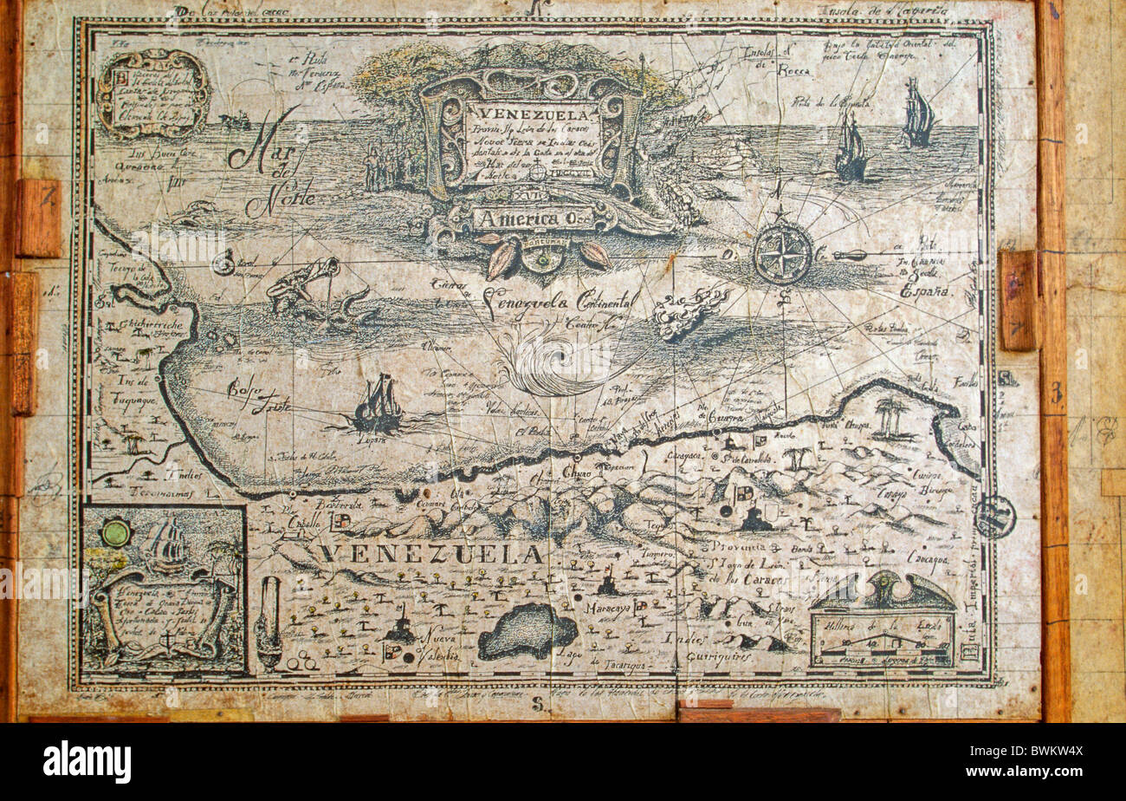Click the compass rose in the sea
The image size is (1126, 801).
(781, 253)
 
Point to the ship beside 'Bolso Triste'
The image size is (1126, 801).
(379, 404)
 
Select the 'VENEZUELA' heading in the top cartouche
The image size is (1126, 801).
(531, 114)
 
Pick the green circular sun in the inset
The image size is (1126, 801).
(115, 531)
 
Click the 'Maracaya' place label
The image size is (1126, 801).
(605, 608)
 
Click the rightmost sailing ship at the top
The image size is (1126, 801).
(917, 114)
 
